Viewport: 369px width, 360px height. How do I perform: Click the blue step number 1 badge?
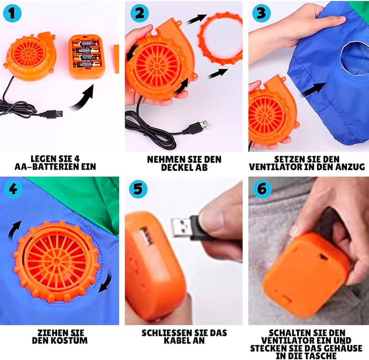click(x=12, y=13)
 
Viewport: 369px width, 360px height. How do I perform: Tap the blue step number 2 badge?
click(x=140, y=13)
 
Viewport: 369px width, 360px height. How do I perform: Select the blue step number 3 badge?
click(x=262, y=13)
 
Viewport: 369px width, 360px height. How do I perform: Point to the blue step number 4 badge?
click(x=13, y=189)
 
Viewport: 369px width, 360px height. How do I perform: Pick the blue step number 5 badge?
click(x=138, y=189)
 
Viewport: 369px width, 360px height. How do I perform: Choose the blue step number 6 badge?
click(x=262, y=189)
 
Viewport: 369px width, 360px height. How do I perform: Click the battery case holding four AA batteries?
click(x=86, y=56)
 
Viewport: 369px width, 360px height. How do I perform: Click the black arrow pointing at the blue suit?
click(x=314, y=89)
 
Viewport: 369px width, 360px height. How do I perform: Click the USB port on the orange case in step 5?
click(x=147, y=236)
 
